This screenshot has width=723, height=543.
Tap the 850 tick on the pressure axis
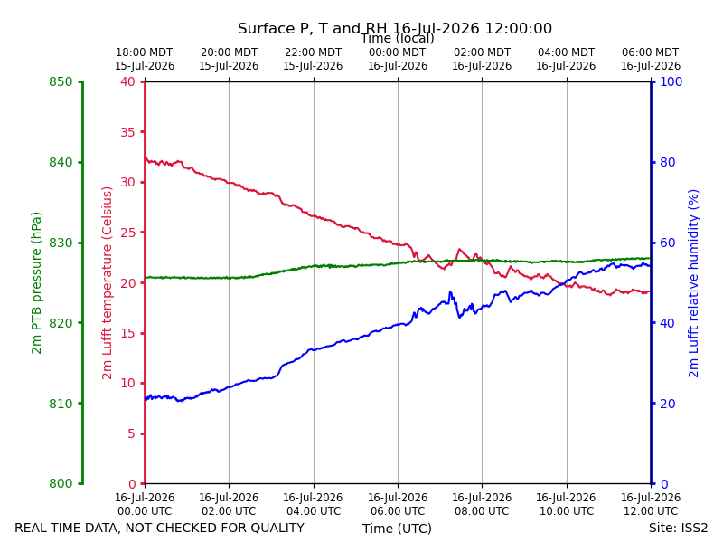61,82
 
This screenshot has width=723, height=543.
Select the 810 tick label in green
61,404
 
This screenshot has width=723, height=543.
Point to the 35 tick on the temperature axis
128,132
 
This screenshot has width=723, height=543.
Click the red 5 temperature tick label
132,433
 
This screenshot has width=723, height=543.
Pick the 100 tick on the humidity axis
671,82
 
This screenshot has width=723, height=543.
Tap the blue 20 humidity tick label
668,404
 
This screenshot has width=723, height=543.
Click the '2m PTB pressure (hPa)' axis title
36,283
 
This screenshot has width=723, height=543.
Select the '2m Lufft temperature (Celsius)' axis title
107,283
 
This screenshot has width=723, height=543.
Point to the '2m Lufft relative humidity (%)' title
693,283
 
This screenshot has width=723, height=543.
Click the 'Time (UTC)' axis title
397,529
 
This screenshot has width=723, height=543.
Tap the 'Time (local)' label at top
398,38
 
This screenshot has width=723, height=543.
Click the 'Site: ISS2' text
678,528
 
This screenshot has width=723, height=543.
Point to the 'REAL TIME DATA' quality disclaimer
160,528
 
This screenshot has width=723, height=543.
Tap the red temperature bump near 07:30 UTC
459,250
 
